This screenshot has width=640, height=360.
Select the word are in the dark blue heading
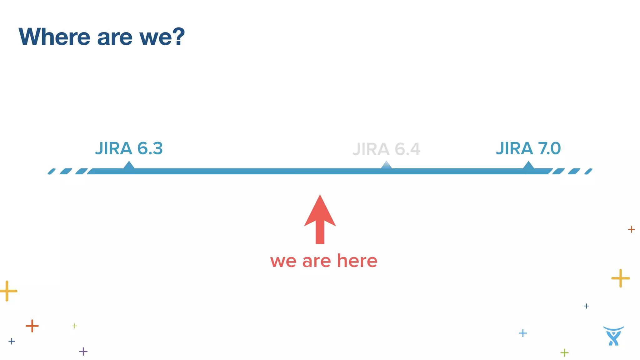click(x=115, y=37)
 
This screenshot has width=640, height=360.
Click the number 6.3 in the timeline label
click(x=150, y=148)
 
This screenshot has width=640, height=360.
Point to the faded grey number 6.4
click(x=407, y=149)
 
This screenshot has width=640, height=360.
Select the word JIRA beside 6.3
click(x=113, y=148)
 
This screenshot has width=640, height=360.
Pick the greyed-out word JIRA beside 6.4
click(x=371, y=149)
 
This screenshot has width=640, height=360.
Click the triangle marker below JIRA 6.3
click(x=129, y=165)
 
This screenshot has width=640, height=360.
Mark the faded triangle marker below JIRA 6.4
click(x=387, y=165)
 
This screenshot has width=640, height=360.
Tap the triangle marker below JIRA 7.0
click(x=528, y=165)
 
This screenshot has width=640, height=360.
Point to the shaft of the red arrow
click(x=320, y=233)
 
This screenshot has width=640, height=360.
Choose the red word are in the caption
click(x=316, y=261)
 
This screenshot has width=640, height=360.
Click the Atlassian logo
click(x=613, y=336)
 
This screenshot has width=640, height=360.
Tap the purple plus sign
click(x=83, y=352)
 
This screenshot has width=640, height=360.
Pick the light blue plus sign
click(x=522, y=333)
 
